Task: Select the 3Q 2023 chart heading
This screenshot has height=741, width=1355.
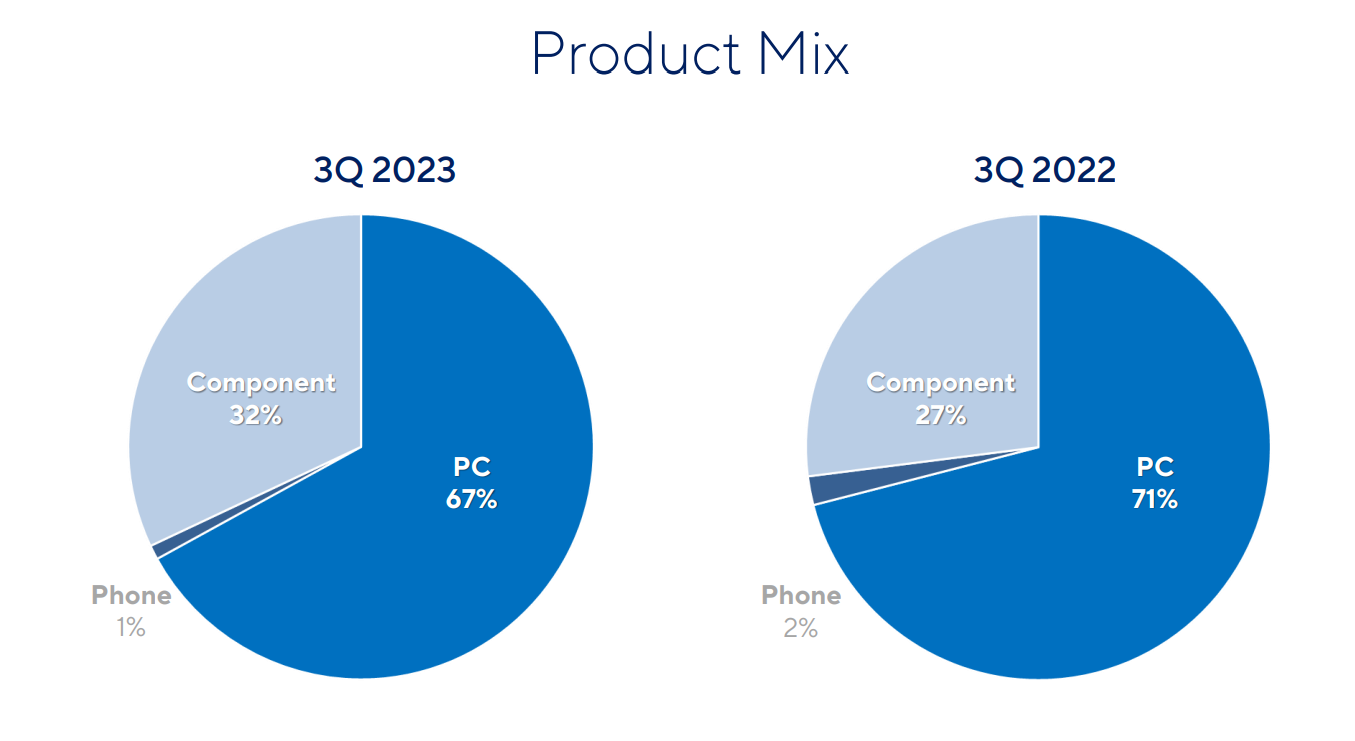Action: pos(385,171)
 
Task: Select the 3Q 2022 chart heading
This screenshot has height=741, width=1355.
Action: pos(1045,171)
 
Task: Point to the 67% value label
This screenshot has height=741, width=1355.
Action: pos(471,499)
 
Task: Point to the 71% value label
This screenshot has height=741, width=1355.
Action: pos(1154,499)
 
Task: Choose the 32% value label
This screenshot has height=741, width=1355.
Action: pos(255,414)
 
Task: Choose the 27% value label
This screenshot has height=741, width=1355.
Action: pos(940,414)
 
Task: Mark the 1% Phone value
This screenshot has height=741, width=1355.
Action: pos(131,628)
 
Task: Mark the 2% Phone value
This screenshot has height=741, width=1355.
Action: pos(801,628)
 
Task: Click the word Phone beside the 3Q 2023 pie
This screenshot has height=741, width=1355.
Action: pos(131,596)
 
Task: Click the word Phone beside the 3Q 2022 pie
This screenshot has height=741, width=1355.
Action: pos(801,596)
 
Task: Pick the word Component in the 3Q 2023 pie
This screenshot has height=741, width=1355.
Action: pos(261,382)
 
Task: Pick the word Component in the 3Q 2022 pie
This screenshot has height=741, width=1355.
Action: pos(940,382)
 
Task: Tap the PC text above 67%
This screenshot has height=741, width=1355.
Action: pos(472,467)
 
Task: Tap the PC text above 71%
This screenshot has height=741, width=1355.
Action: pos(1154,467)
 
